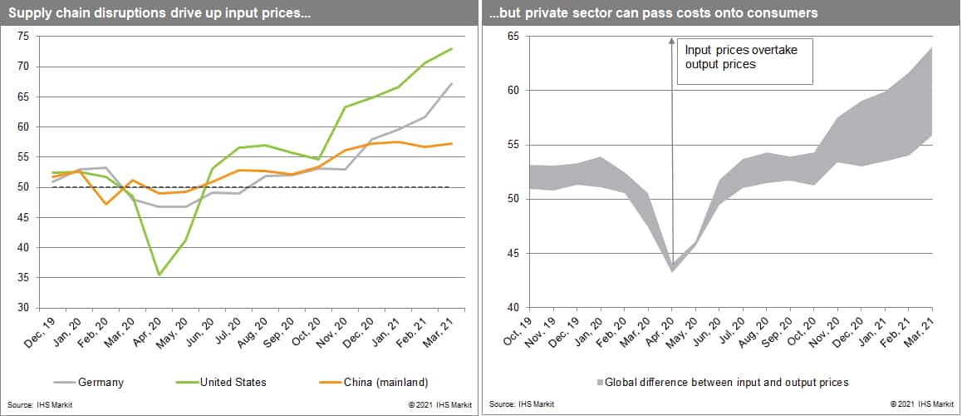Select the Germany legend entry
point(100,382)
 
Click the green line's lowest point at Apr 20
point(159,275)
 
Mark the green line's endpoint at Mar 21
point(451,48)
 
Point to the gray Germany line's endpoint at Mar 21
point(451,83)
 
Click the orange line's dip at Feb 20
point(106,204)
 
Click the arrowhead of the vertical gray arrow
point(672,42)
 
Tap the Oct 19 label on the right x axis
point(522,328)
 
